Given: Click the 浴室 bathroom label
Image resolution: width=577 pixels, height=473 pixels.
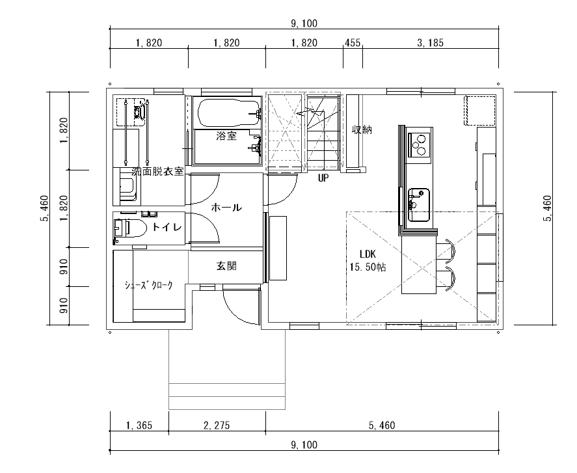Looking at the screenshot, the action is pos(226,136).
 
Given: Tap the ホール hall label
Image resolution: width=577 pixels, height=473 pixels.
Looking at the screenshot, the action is pos(226,208).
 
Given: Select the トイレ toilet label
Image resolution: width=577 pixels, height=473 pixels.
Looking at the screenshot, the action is pos(167,228).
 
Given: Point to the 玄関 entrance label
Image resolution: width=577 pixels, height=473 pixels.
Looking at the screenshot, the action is pos(226,265).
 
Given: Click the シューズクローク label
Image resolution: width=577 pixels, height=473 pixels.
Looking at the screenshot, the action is pos(149,285).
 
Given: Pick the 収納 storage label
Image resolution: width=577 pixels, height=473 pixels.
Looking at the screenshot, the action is pos(362,129).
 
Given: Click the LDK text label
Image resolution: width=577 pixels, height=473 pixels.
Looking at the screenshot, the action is pos(368,254).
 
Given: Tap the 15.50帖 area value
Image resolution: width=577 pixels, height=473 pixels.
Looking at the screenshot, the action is pos(368,267).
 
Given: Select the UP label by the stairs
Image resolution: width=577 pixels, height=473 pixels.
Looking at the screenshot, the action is pos(323,178).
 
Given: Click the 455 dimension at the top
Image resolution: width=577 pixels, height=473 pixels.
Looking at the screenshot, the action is pos(353,43).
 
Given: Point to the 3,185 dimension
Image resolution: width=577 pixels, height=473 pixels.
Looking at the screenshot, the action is pos(430,43).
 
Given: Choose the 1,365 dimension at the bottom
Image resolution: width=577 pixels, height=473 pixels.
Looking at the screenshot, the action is pos(139,426).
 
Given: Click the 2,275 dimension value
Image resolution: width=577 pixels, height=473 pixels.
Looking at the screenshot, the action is pos(217,426).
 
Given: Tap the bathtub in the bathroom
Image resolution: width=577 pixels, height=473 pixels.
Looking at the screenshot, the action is pos(228,113).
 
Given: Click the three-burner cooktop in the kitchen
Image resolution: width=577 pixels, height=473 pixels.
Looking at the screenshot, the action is pos(420,144).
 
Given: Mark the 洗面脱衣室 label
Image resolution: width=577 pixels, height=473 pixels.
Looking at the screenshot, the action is pos(157,171).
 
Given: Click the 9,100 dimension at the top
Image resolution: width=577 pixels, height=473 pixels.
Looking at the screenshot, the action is pos(304,23).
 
